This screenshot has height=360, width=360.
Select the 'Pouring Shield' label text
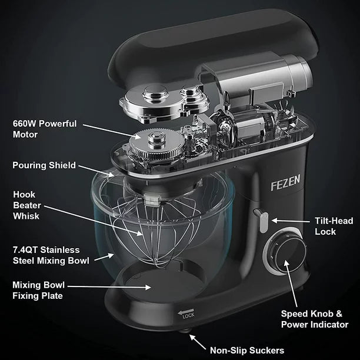pyautogui.click(x=44, y=165)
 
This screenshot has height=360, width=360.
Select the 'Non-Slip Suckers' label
pyautogui.click(x=247, y=350)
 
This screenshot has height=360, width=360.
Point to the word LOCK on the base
pyautogui.click(x=188, y=316)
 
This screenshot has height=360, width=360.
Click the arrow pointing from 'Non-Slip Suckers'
pyautogui.click(x=198, y=342)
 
